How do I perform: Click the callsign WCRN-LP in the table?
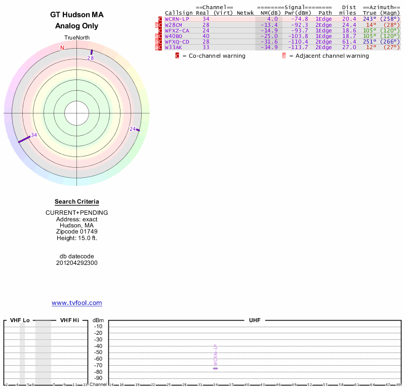177,19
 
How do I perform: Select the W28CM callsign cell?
173,24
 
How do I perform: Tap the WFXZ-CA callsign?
177,30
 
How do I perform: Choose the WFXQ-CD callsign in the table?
177,42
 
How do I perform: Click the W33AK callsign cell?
173,47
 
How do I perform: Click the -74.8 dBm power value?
299,19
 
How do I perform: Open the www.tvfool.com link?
77,303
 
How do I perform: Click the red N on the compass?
62,48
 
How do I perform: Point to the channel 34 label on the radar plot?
34,135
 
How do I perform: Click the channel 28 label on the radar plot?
91,58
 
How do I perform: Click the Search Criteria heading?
77,202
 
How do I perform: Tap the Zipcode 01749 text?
77,231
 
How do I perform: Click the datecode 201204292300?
77,263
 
